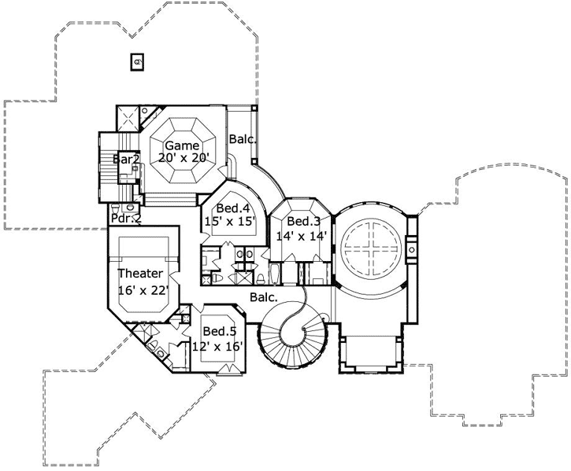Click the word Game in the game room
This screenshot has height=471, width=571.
coord(182,145)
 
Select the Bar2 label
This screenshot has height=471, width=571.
coord(126,159)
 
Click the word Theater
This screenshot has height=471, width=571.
coord(140,274)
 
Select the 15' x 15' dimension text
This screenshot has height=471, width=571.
coord(229,223)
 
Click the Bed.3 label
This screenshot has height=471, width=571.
coord(302,222)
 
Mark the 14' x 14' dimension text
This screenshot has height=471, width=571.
coord(301,236)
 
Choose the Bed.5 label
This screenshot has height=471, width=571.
coord(219,331)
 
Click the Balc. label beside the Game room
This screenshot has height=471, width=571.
coord(242,139)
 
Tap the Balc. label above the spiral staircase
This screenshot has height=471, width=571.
coord(263,297)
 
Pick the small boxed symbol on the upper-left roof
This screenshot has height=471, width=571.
coord(136,61)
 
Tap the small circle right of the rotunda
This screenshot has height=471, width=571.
coord(411,249)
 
